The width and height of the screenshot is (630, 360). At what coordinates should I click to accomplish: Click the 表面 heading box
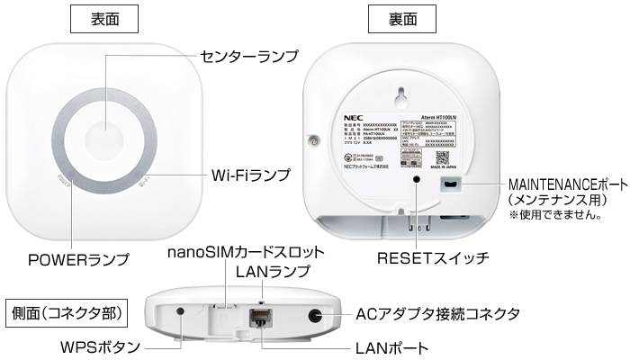coord(106,18)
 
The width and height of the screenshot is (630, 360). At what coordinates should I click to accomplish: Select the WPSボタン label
coord(88,346)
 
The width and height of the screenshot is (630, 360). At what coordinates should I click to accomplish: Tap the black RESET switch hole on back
coord(416,181)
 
